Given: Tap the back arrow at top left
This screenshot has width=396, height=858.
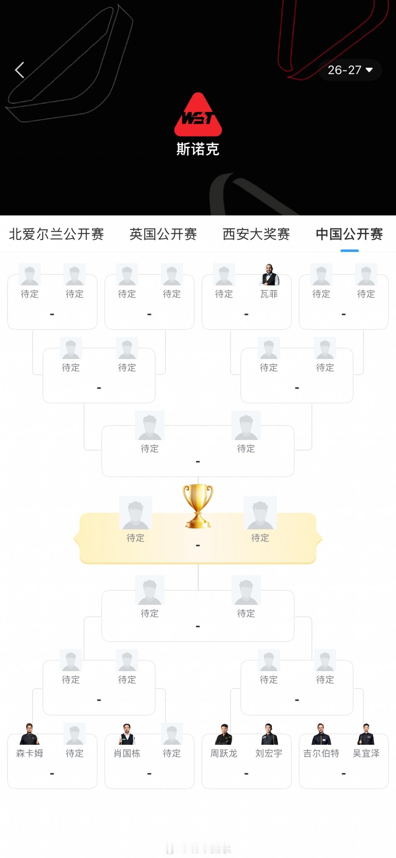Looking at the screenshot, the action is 19,70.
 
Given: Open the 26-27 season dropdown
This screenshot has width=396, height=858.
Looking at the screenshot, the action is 350,70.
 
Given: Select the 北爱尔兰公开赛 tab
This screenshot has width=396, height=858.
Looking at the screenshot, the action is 56,234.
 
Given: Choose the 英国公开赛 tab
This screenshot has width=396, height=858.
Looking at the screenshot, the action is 163,234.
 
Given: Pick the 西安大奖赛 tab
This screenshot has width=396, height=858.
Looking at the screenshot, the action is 256,234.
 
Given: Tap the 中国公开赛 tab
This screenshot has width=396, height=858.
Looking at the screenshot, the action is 349,234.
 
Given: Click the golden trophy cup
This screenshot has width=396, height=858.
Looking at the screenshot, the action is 198,506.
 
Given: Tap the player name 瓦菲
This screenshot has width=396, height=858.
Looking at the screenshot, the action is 269,294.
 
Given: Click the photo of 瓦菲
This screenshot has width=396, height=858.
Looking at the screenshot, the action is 269,274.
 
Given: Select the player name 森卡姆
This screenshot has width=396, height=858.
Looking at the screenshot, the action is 30,753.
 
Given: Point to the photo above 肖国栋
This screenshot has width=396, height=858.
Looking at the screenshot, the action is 127,734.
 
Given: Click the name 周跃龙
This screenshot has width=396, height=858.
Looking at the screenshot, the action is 224,753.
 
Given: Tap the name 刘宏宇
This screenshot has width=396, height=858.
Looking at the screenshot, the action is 269,753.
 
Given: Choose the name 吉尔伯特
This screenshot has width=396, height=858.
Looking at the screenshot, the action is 321,753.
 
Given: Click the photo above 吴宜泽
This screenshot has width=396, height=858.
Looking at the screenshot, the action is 366,734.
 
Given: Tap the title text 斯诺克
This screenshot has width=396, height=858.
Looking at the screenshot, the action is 198,149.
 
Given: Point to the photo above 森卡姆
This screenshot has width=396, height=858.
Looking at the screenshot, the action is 30,734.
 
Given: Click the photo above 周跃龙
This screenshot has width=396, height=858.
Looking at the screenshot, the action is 224,734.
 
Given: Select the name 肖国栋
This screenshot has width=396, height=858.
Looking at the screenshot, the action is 127,753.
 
